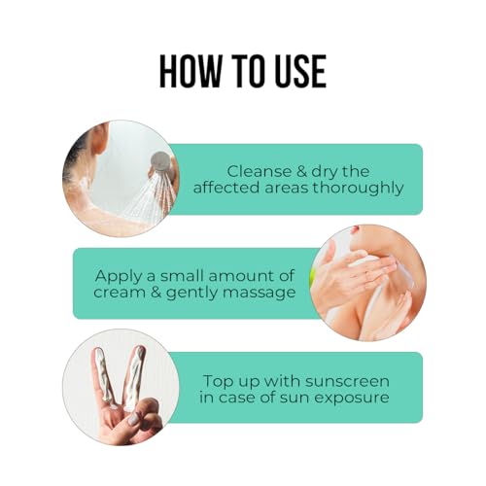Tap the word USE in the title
click(300, 71)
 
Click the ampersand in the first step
click(301, 171)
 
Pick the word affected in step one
click(227, 188)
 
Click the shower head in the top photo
click(161, 160)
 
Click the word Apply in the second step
click(119, 277)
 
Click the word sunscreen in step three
click(347, 381)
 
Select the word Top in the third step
click(216, 381)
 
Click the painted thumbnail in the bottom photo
click(133, 420)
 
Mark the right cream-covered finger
click(133, 376)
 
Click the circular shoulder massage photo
click(367, 283)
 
